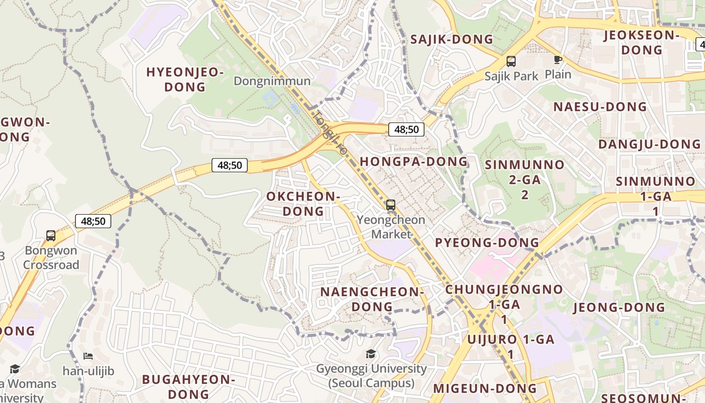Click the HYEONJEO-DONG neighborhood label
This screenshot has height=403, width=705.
185,80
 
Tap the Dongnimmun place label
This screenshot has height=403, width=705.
272,81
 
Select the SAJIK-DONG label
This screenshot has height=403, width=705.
452,39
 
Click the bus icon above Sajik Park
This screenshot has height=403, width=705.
511,61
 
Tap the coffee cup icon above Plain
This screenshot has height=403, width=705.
557,60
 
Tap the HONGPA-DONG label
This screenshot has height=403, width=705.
414,162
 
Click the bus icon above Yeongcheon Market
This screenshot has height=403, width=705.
391,205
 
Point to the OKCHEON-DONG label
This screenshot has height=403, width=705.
303,204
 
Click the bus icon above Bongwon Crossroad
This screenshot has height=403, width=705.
51,235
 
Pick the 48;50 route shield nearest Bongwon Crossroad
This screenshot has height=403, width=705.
93,221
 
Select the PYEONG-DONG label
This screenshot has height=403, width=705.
487,243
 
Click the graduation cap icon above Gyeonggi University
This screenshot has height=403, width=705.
371,354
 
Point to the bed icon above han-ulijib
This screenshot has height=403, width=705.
88,356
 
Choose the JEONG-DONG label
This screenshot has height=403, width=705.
619,307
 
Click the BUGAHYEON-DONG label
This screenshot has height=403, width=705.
189,386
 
